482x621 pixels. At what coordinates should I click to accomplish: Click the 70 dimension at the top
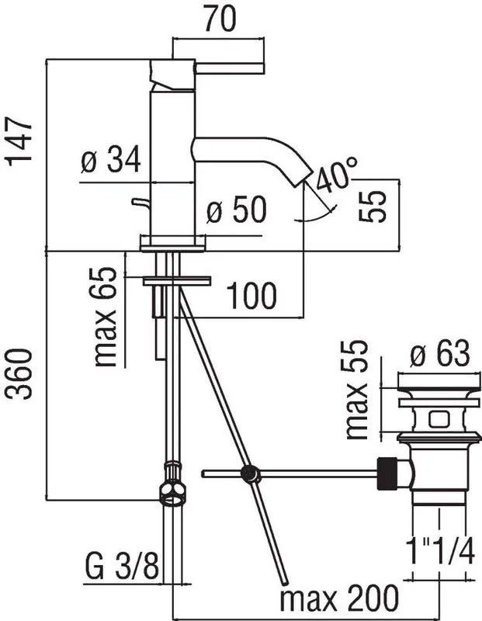(220, 19)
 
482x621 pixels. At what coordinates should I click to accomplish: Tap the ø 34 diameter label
(111, 159)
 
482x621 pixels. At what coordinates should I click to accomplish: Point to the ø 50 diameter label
(237, 209)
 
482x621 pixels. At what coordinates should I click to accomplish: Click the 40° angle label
(337, 173)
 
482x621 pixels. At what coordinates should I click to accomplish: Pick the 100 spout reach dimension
(251, 296)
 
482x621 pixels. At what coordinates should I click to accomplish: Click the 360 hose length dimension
(18, 374)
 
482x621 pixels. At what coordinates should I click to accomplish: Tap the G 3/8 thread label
(122, 567)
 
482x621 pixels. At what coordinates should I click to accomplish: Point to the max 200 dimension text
(339, 597)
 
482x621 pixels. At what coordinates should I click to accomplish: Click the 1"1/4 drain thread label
(440, 552)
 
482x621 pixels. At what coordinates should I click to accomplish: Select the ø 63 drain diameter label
(439, 354)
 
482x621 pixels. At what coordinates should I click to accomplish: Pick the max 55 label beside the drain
(356, 390)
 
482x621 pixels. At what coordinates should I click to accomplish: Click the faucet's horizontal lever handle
(229, 68)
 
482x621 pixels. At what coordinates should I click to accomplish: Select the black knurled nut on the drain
(387, 474)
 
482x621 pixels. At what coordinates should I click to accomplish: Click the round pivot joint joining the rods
(250, 474)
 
